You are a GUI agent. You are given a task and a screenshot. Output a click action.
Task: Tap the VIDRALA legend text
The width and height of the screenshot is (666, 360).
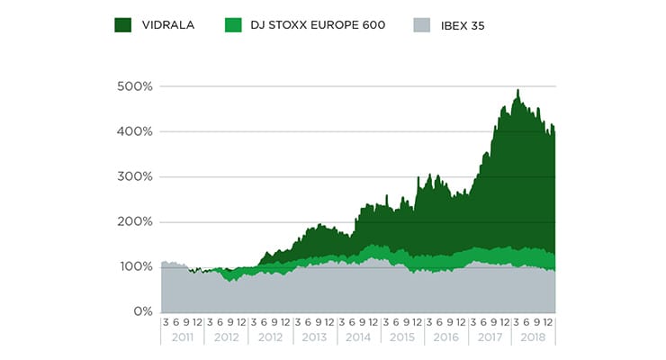pos(168,25)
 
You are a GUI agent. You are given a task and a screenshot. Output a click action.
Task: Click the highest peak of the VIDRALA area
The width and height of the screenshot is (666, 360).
pos(517,91)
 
